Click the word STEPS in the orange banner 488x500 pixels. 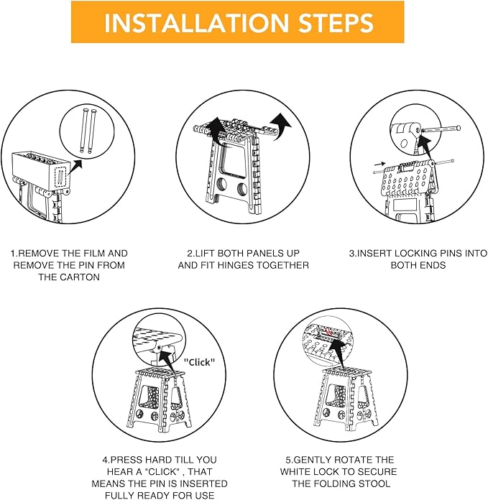click(336, 23)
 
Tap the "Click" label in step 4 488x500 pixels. click(199, 362)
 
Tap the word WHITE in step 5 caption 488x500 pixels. click(295, 471)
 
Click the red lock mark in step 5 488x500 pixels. click(329, 331)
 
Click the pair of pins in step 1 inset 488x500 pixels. click(87, 131)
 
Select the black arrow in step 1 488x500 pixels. click(75, 167)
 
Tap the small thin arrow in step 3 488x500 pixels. click(380, 164)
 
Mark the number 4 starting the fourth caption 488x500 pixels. click(105, 460)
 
